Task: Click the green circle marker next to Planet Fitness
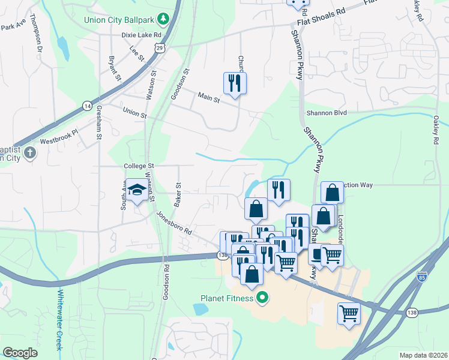[x=262, y=297]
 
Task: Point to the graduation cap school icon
[x=136, y=190]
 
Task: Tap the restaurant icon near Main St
[x=235, y=83]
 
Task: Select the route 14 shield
[x=88, y=106]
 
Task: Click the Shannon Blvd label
[x=327, y=112]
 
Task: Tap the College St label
[x=139, y=166]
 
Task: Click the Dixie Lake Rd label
[x=134, y=35]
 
